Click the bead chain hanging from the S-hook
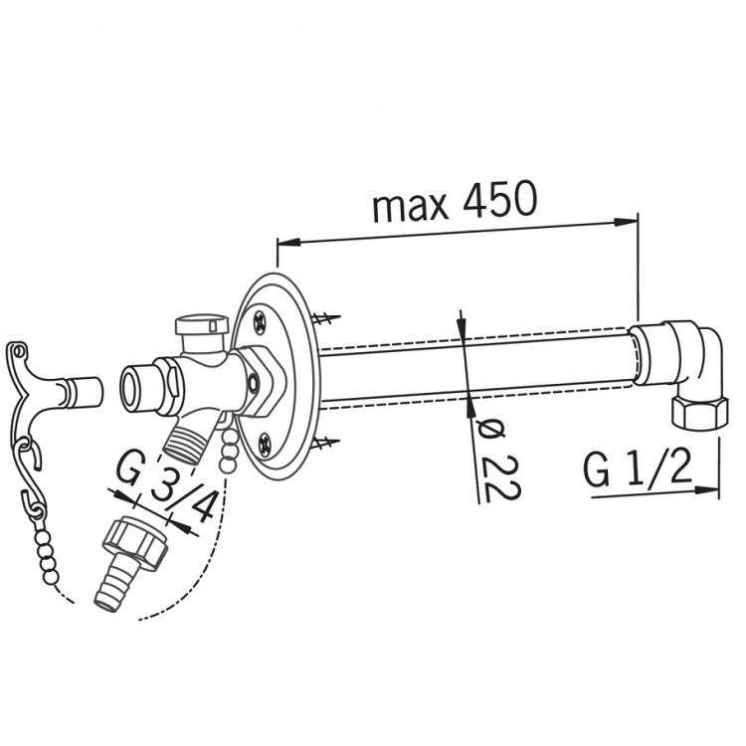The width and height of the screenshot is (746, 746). tap(45, 552)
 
